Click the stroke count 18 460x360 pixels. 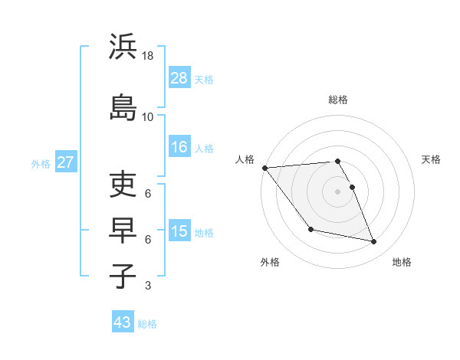pos(148,57)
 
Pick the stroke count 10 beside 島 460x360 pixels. pos(148,116)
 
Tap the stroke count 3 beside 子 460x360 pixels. pos(148,286)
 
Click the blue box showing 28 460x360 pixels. pos(179,78)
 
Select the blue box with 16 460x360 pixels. pos(179,147)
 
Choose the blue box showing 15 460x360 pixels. pos(179,231)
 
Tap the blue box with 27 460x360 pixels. pos(65,162)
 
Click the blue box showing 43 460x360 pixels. pos(122,322)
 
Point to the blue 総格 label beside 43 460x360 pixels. pos(148,323)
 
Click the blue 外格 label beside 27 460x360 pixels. pos(41,163)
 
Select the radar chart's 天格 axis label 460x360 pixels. pos(431,159)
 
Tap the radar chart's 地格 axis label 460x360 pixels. pos(402,262)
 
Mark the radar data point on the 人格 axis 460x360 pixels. pos(264,168)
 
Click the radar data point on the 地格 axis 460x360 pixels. pos(374,242)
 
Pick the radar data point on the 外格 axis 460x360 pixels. pos(310,229)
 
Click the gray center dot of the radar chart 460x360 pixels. pos(337,191)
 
